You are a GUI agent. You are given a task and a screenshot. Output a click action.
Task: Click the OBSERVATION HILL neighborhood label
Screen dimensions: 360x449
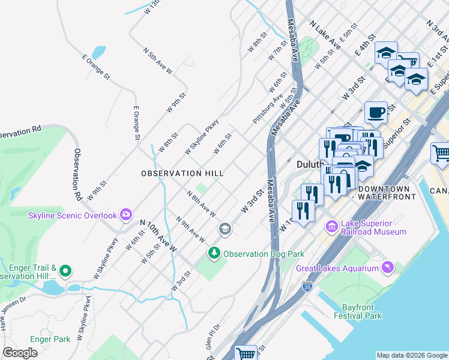pyautogui.click(x=182, y=173)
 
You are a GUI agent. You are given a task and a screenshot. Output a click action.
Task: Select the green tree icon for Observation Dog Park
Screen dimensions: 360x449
pyautogui.click(x=214, y=254)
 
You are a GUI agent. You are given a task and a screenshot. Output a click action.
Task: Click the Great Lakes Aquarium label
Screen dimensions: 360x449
pyautogui.click(x=336, y=268)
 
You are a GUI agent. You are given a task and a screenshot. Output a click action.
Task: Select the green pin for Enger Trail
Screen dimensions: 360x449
pyautogui.click(x=66, y=271)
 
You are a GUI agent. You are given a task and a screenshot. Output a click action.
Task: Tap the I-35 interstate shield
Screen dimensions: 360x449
pyautogui.click(x=307, y=286)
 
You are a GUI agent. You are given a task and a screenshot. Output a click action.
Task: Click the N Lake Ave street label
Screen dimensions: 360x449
pyautogui.click(x=325, y=36)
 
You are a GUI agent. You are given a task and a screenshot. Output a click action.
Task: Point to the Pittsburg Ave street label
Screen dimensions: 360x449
pyautogui.click(x=268, y=109)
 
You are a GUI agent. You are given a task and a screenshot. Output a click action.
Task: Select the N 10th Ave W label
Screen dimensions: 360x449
pyautogui.click(x=159, y=235)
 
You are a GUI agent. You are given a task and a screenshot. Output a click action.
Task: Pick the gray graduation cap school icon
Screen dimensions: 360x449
pyautogui.click(x=225, y=229)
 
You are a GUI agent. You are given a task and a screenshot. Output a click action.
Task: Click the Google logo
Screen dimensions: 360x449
pyautogui.click(x=20, y=353)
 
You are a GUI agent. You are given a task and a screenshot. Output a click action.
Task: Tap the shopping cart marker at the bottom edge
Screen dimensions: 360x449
pyautogui.click(x=246, y=354)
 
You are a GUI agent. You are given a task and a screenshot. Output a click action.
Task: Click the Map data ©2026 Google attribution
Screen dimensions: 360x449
pyautogui.click(x=411, y=355)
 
